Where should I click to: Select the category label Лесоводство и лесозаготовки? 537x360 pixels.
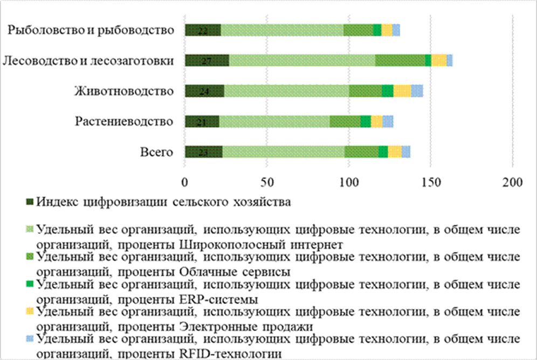point(88,60)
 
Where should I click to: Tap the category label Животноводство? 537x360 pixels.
point(125,91)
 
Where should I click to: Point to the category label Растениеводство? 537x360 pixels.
point(125,121)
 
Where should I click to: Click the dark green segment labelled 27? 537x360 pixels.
point(206,60)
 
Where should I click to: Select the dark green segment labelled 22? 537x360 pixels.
point(203,30)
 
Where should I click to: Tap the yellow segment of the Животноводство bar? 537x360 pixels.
point(402,91)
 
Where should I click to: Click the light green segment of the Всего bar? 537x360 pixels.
point(283,152)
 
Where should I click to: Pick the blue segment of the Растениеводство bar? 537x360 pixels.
point(388,121)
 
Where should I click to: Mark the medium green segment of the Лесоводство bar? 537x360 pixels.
point(400,60)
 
